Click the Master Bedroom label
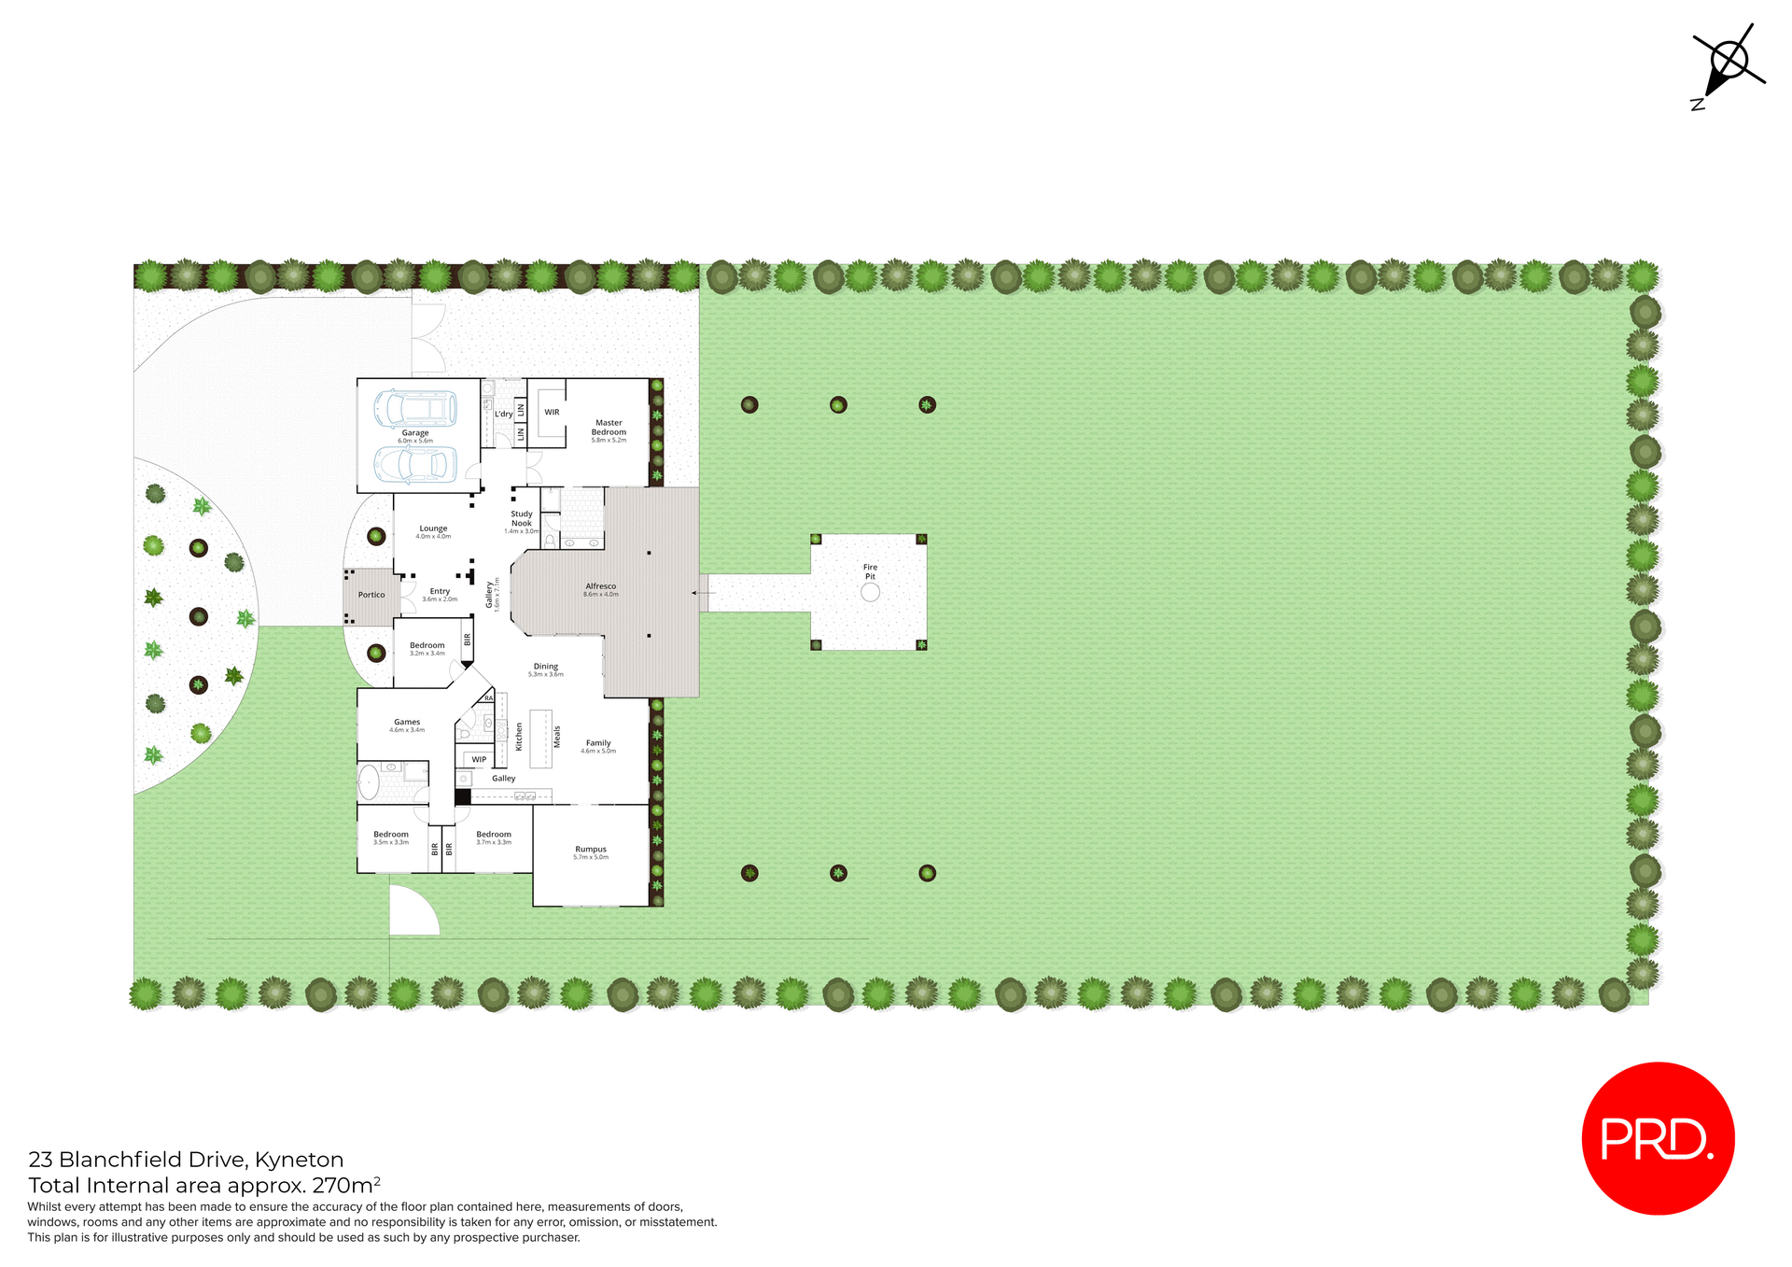tap(609, 429)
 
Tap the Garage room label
tap(415, 434)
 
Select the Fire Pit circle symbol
tap(870, 592)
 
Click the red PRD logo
tap(1658, 1138)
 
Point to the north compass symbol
tap(1728, 63)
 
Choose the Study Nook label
tap(522, 519)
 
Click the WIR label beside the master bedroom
tap(552, 412)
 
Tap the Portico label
tap(371, 595)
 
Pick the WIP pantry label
tap(479, 759)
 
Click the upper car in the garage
tap(415, 408)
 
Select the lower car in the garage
tap(415, 464)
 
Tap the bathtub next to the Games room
tap(370, 782)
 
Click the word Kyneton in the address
tap(300, 1160)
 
